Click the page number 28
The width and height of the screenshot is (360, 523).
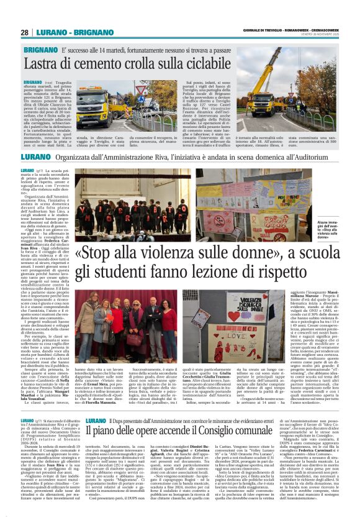24,32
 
